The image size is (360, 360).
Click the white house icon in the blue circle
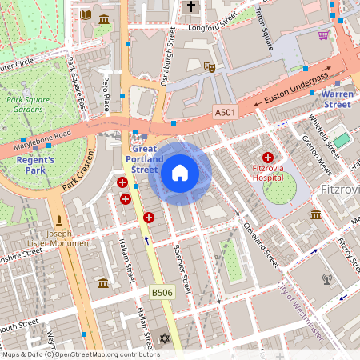point(180,172)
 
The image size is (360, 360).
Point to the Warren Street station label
point(336,99)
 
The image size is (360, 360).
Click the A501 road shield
point(226,114)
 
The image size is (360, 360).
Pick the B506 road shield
point(163,293)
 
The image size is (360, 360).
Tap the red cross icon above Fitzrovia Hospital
point(268,158)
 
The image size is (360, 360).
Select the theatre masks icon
point(210,67)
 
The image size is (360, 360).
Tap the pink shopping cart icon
point(323,35)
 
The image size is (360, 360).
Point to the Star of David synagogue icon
point(166,339)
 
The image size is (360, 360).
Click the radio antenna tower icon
point(326,280)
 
